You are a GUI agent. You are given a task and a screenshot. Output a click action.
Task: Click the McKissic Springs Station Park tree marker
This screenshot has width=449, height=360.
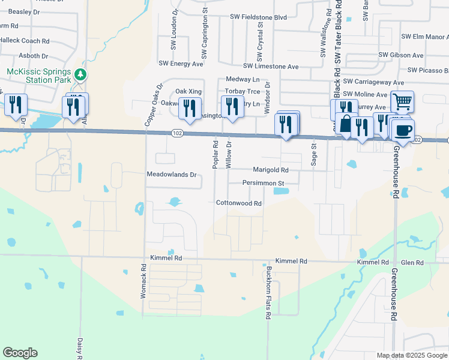tap(80, 74)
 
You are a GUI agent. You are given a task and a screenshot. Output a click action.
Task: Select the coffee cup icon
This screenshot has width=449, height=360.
tap(403, 129)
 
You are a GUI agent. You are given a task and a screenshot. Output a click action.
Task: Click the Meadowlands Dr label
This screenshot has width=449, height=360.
tap(172, 175)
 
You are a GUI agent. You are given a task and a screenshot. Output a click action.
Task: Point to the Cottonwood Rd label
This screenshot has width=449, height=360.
tap(239, 203)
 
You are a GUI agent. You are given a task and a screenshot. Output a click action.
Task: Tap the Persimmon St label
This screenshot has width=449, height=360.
tap(262, 182)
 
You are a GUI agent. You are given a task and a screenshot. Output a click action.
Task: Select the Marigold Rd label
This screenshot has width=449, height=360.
tap(271, 170)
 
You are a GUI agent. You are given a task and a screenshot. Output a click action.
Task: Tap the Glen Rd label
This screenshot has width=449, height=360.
tap(412, 263)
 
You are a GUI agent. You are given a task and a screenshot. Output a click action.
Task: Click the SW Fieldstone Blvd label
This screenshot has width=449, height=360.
tap(256, 17)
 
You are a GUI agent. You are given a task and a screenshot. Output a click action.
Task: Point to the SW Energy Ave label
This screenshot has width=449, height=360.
tap(181, 63)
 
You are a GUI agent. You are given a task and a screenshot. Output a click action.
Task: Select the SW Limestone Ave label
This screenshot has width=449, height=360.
tap(271, 67)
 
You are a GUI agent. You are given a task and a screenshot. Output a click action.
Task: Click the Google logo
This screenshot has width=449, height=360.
tap(20, 353)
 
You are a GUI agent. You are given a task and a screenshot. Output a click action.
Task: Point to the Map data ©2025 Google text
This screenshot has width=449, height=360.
tap(411, 355)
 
